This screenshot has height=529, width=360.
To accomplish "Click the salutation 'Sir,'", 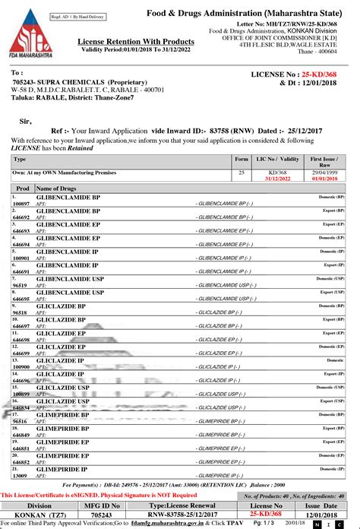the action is coord(26,120).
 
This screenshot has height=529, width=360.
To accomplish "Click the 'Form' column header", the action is coord(242,160).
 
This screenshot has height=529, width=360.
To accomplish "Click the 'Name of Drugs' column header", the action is coord(57,188).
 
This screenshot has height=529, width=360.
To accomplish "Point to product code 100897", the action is coord(21,204).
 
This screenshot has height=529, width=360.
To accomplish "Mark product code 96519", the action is coord(20,287).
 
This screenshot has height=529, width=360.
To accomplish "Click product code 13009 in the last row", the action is coord(20,475).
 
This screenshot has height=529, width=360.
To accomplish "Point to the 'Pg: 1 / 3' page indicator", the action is coord(267,523).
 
